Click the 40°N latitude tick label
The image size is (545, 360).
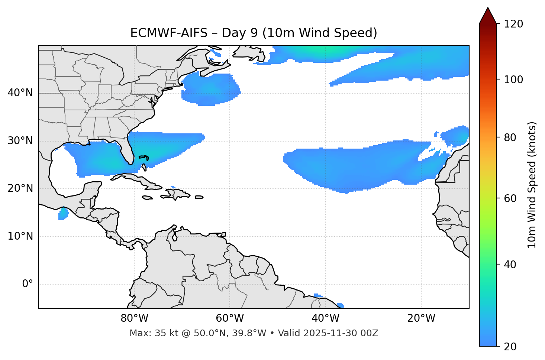[x=20, y=93]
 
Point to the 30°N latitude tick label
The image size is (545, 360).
[x=20, y=141]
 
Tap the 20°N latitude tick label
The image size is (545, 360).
[x=20, y=188]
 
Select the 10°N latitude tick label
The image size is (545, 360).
[x=20, y=236]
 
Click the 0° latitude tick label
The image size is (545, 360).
[x=28, y=284]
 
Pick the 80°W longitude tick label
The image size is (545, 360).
[x=134, y=318]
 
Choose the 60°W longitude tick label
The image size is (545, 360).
[x=230, y=318]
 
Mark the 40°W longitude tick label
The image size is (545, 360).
[x=325, y=318]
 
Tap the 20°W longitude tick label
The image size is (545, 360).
[x=421, y=318]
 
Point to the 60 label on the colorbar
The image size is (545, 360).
[x=509, y=198]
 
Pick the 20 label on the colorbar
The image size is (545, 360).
[x=509, y=347]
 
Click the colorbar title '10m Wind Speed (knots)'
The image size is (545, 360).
[x=532, y=185]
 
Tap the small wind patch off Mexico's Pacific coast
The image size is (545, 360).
[x=64, y=214]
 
